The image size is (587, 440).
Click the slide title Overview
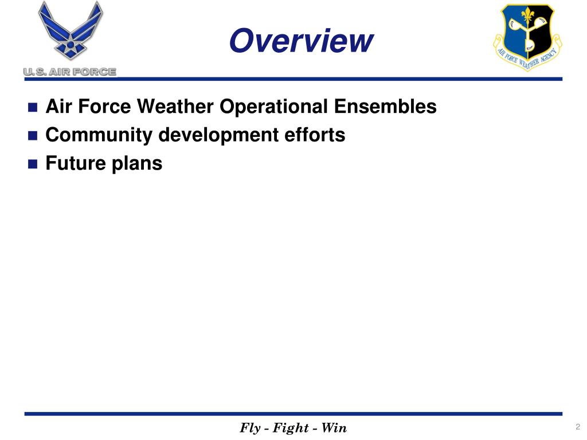point(300,41)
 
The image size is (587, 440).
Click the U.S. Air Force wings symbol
point(70,32)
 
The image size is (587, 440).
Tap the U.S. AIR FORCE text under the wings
point(70,72)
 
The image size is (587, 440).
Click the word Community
point(99,135)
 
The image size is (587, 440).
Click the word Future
point(73,164)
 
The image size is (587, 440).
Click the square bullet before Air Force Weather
point(32,108)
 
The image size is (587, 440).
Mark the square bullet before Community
point(32,136)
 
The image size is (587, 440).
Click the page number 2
point(577,427)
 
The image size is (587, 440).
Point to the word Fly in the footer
point(250,428)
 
